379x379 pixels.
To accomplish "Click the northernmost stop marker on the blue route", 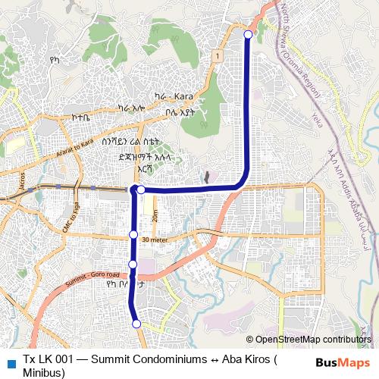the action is coord(248,34).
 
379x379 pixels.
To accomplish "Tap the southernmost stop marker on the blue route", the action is coord(137,324).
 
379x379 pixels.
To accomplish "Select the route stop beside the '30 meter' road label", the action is coord(133,235).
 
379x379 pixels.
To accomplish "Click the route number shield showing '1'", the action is coord(217,55).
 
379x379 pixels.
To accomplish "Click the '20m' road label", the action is coord(154,215).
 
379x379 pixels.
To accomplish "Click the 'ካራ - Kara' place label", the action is coord(174,97).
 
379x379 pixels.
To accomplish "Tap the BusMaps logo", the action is coord(343,362).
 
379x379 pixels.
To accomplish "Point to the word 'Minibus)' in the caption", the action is coord(44,372).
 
